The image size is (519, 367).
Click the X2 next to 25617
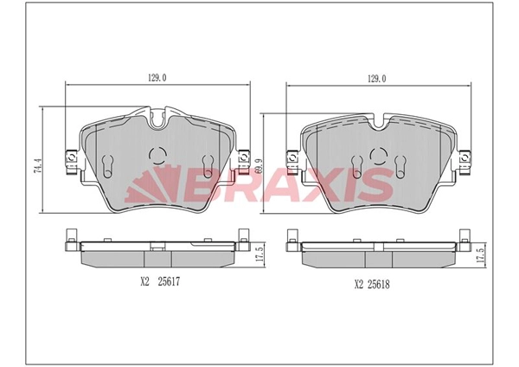(144, 280)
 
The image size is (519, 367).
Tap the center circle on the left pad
(157, 156)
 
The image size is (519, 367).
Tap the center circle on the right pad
(378, 156)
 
